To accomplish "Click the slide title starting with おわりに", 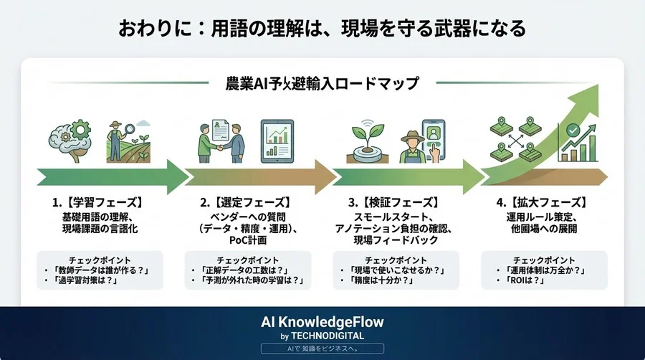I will pyautogui.click(x=322, y=28).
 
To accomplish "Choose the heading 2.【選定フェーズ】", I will pyautogui.click(x=247, y=202).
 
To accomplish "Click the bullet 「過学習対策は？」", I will pyautogui.click(x=91, y=282).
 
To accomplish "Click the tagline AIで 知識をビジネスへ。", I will pyautogui.click(x=322, y=348).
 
